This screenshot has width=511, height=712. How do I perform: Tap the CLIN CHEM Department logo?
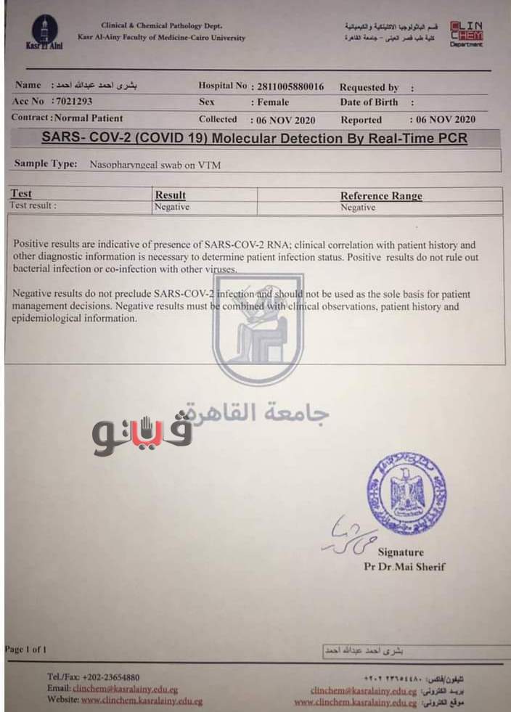[465, 33]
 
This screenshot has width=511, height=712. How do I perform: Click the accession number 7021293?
[73, 102]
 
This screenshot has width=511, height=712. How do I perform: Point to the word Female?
[272, 102]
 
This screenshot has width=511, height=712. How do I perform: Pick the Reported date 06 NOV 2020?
[445, 120]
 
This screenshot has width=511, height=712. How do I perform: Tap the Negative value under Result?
[172, 207]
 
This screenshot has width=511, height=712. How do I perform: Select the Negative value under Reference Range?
[358, 207]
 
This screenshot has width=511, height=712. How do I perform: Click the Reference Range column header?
[381, 195]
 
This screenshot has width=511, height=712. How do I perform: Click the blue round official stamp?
[406, 493]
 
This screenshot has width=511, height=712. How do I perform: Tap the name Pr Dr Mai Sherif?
[404, 567]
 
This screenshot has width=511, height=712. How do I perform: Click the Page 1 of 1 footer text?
[26, 649]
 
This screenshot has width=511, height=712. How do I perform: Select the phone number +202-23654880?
[111, 677]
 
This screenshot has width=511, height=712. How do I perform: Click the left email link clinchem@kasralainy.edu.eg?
[125, 689]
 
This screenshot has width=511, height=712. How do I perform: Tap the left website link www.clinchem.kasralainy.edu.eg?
[142, 701]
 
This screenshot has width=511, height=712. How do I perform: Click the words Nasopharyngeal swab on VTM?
[155, 165]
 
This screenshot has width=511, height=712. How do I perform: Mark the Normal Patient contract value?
[89, 118]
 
